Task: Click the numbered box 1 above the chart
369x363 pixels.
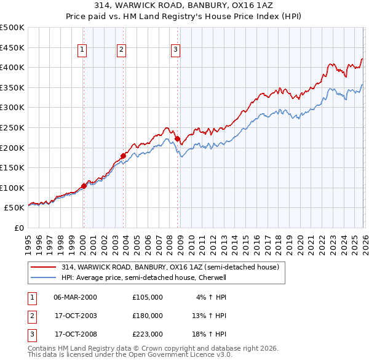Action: pos(82,50)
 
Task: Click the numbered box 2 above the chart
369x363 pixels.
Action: pos(122,50)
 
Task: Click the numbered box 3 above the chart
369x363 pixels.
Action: pos(175,50)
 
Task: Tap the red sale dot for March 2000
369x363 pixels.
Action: pos(84,185)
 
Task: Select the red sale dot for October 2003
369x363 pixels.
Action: pos(123,155)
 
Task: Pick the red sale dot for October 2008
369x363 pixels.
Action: pos(178,139)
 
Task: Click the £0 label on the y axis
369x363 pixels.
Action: pos(18,228)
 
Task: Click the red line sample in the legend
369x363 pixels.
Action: pos(43,267)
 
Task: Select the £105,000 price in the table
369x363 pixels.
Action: pos(148,297)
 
